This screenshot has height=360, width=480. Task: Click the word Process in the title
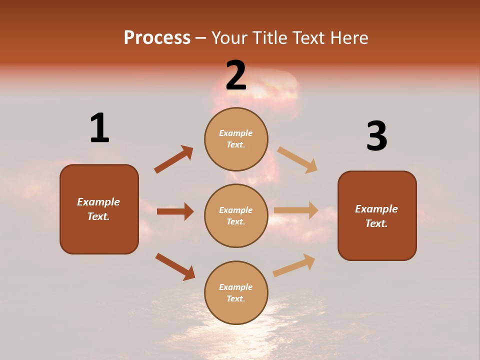pyautogui.click(x=157, y=38)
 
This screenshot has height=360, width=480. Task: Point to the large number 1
pyautogui.click(x=99, y=128)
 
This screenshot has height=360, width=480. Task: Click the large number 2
pyautogui.click(x=236, y=75)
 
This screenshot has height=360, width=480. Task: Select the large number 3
pyautogui.click(x=376, y=136)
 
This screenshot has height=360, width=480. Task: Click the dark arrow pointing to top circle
pyautogui.click(x=173, y=159)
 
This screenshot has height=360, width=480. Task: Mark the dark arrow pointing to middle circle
pyautogui.click(x=175, y=211)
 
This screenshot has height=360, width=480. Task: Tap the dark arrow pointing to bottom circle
pyautogui.click(x=175, y=266)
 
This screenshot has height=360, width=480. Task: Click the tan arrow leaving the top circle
pyautogui.click(x=297, y=160)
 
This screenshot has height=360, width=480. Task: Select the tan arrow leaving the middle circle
pyautogui.click(x=296, y=210)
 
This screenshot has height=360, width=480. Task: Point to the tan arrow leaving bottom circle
pyautogui.click(x=294, y=265)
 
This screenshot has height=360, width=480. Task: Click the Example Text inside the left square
pyautogui.click(x=98, y=209)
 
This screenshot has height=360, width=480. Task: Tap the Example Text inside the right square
pyautogui.click(x=376, y=216)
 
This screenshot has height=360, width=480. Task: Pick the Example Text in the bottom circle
pyautogui.click(x=236, y=293)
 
